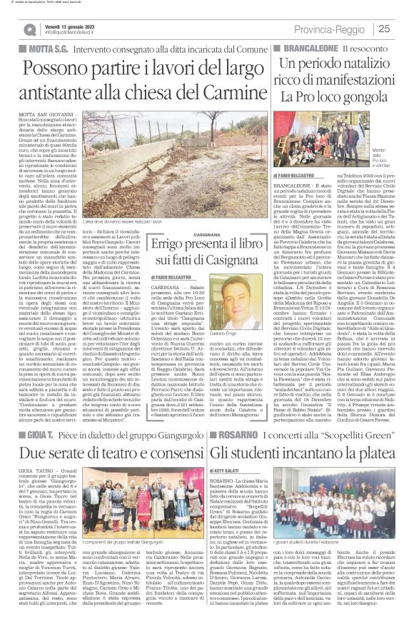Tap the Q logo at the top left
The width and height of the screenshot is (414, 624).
[x=29, y=29]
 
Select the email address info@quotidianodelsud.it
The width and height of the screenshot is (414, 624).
[x=76, y=33]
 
